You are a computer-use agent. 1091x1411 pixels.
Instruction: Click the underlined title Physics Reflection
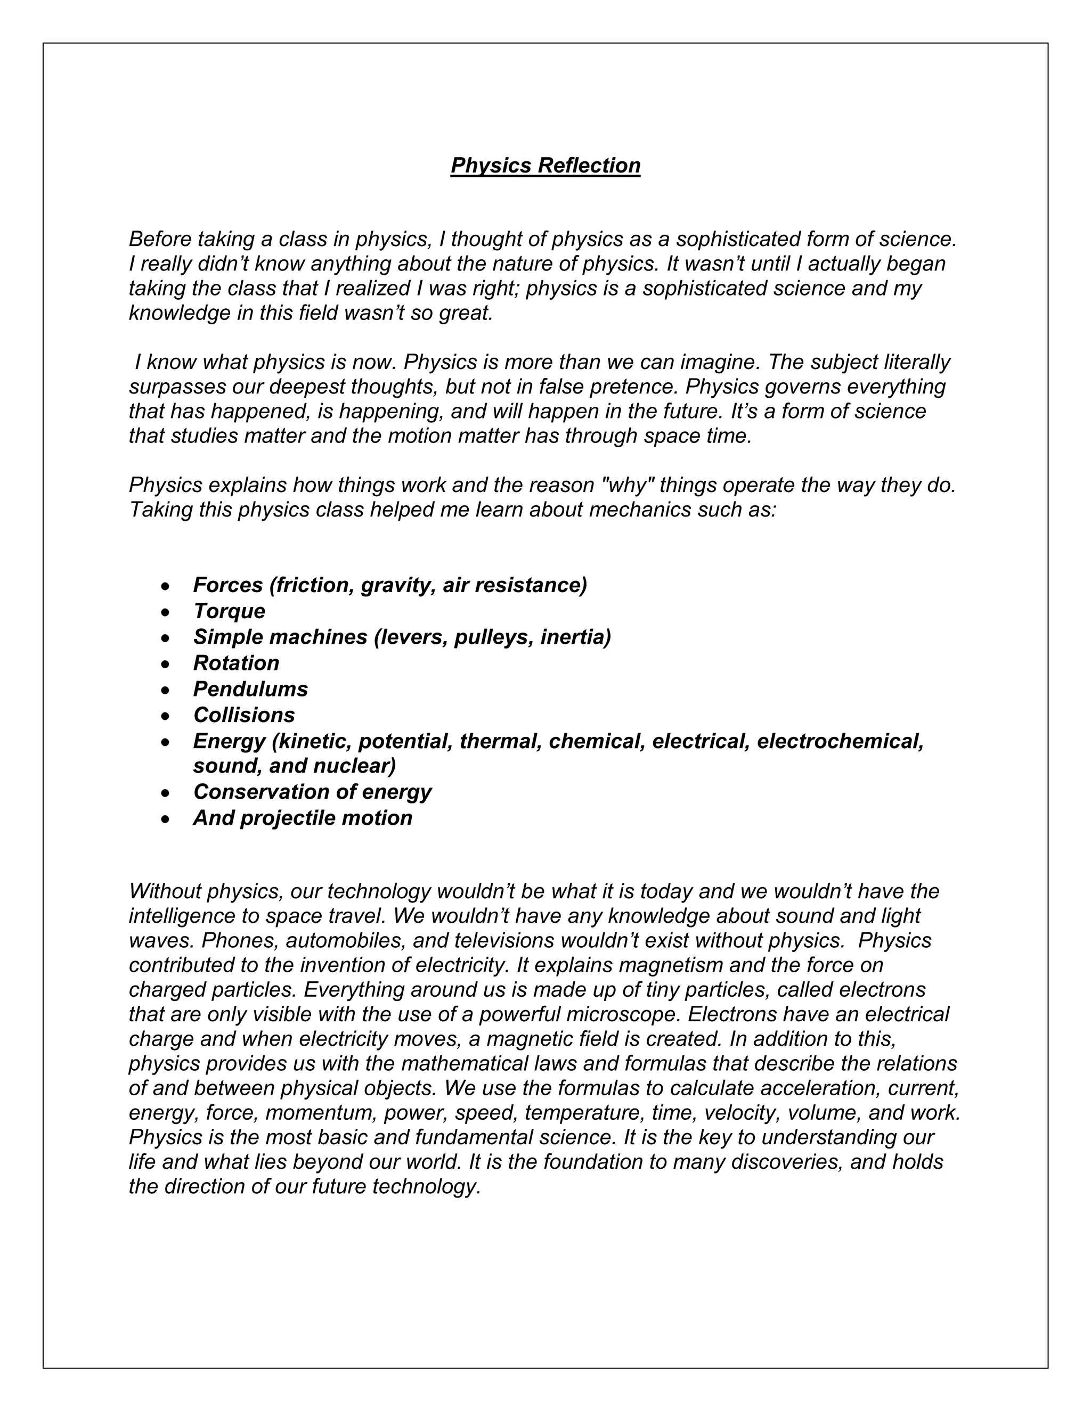coord(545,166)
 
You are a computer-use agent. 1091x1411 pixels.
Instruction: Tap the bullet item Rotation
coord(236,663)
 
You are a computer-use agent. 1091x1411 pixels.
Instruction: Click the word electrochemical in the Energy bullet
coord(840,742)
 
